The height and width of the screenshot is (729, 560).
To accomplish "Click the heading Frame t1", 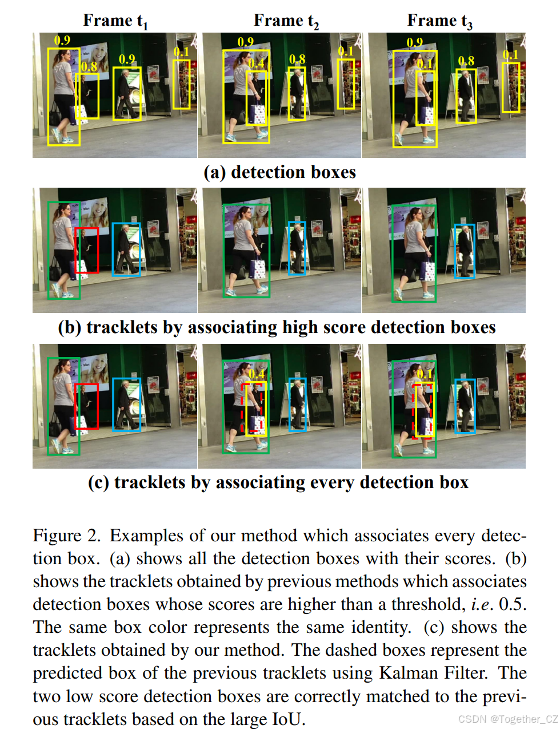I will (115, 21).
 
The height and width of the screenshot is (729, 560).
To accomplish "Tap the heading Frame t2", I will (286, 21).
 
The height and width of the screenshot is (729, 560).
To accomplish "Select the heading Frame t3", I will (439, 21).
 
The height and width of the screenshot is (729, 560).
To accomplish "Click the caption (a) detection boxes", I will (279, 172).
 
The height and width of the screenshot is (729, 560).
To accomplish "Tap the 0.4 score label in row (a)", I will (257, 63).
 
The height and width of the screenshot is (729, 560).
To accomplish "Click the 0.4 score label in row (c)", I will (257, 374).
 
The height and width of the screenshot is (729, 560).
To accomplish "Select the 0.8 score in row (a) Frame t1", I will (89, 66).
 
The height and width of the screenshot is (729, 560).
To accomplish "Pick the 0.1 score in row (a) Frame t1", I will (181, 52).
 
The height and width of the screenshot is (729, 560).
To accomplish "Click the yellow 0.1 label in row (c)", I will (425, 374).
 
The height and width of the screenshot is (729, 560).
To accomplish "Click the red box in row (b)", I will (87, 250).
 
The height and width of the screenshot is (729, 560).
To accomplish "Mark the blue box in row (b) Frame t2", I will (297, 248).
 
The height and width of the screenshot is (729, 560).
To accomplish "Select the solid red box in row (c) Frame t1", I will (87, 406).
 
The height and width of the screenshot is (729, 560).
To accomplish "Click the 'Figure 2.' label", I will (66, 536).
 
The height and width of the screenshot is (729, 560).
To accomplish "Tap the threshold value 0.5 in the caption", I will (513, 604).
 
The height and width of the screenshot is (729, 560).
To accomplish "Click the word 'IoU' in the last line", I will (287, 719).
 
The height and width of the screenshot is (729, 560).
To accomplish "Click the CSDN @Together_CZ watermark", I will (507, 719).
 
